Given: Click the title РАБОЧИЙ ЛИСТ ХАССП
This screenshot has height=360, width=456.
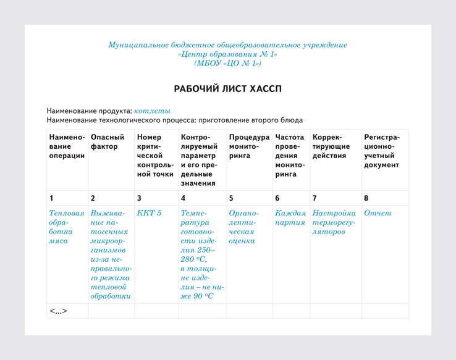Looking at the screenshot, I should pyautogui.click(x=227, y=89).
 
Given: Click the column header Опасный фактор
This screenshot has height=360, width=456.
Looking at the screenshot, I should pyautogui.click(x=108, y=142).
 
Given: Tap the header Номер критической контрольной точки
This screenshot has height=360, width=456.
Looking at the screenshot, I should pyautogui.click(x=156, y=156).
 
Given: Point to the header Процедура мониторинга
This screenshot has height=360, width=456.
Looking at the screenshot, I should pyautogui.click(x=249, y=146).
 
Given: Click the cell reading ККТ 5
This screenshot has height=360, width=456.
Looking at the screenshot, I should pyautogui.click(x=149, y=213).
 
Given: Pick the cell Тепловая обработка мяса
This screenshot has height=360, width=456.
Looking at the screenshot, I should pyautogui.click(x=66, y=227).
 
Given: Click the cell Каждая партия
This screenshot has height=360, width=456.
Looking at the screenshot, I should pyautogui.click(x=290, y=217).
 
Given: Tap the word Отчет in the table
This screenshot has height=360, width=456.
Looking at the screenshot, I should pyautogui.click(x=378, y=213).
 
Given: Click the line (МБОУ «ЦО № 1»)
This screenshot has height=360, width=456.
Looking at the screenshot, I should pyautogui.click(x=227, y=63).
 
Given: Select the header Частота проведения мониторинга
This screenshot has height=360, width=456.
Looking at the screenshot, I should pyautogui.click(x=290, y=156).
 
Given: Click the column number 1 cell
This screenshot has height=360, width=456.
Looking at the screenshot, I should pyautogui.click(x=51, y=198).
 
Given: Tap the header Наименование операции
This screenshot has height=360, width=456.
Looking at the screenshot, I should pyautogui.click(x=67, y=146).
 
